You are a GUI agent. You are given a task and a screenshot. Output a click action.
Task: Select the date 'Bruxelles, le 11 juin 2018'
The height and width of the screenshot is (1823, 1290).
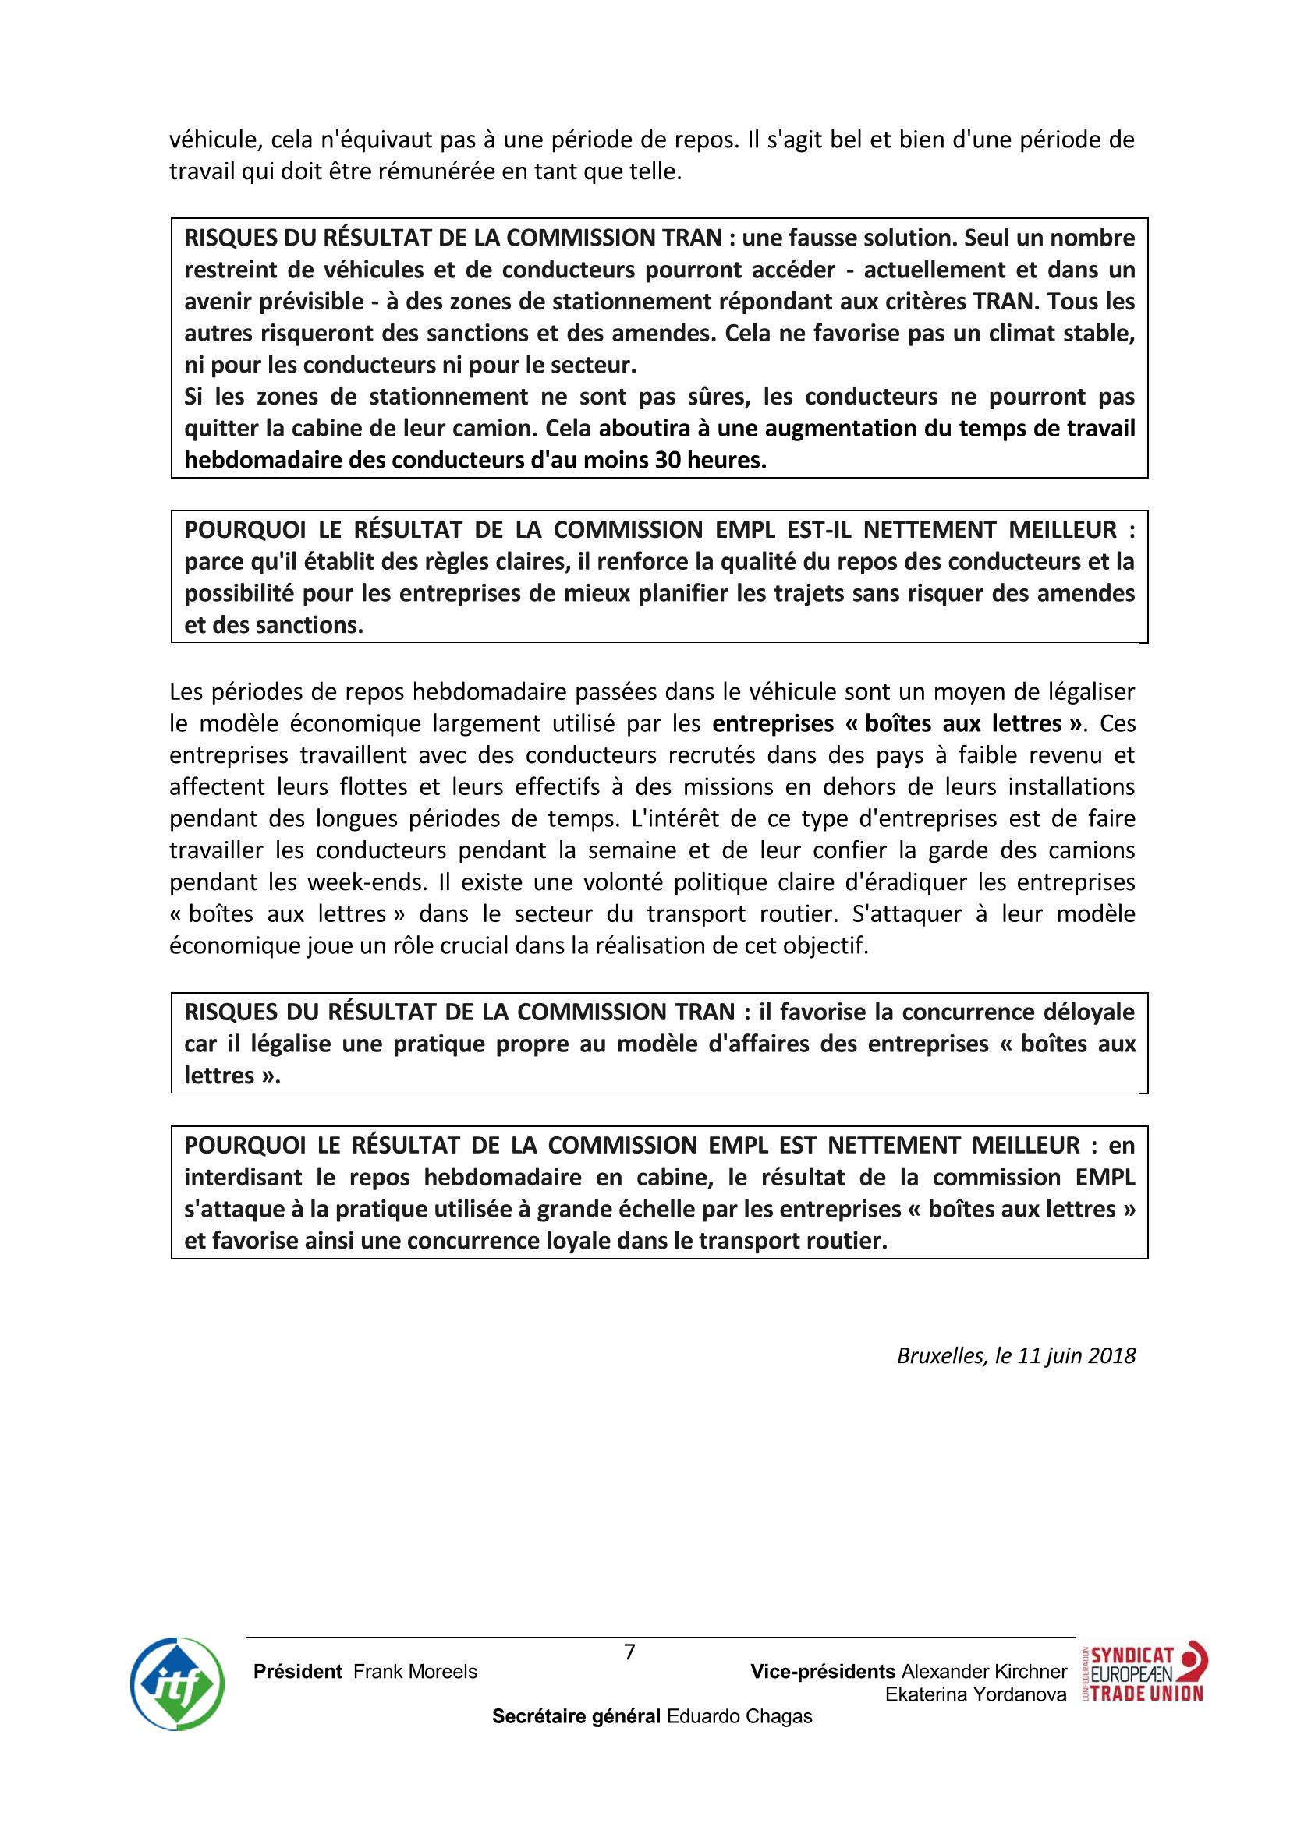tap(1016, 1355)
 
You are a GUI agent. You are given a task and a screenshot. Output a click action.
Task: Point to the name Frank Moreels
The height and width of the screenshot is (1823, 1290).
tap(416, 1672)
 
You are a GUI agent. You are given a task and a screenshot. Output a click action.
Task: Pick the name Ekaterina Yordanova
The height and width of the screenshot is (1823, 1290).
tap(976, 1694)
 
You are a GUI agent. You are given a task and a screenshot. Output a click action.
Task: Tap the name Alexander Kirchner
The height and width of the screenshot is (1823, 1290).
tap(984, 1671)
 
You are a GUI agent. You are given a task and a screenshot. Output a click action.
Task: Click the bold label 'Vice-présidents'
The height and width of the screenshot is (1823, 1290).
tap(823, 1671)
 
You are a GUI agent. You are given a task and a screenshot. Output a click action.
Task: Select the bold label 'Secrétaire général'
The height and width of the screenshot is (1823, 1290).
tap(576, 1716)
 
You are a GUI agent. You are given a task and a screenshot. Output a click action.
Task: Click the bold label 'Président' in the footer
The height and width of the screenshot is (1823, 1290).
tap(298, 1672)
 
